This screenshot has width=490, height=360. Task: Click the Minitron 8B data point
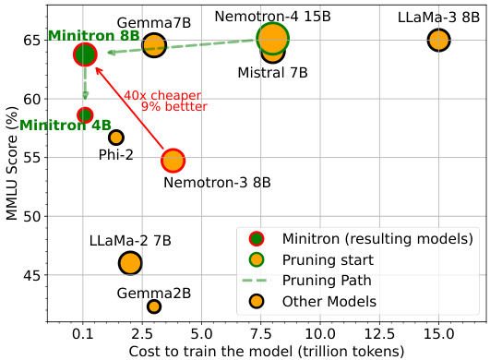point(85,54)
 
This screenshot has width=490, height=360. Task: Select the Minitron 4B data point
point(85,115)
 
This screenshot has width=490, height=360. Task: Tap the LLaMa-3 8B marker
point(438,40)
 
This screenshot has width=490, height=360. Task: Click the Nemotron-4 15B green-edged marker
point(272,38)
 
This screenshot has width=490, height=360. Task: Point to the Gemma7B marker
point(154,44)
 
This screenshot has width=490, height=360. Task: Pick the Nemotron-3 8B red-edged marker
point(173,161)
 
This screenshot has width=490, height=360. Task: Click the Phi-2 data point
point(116,138)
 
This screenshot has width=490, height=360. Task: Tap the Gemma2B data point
point(154,306)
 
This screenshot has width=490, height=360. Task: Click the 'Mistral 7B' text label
point(273,72)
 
